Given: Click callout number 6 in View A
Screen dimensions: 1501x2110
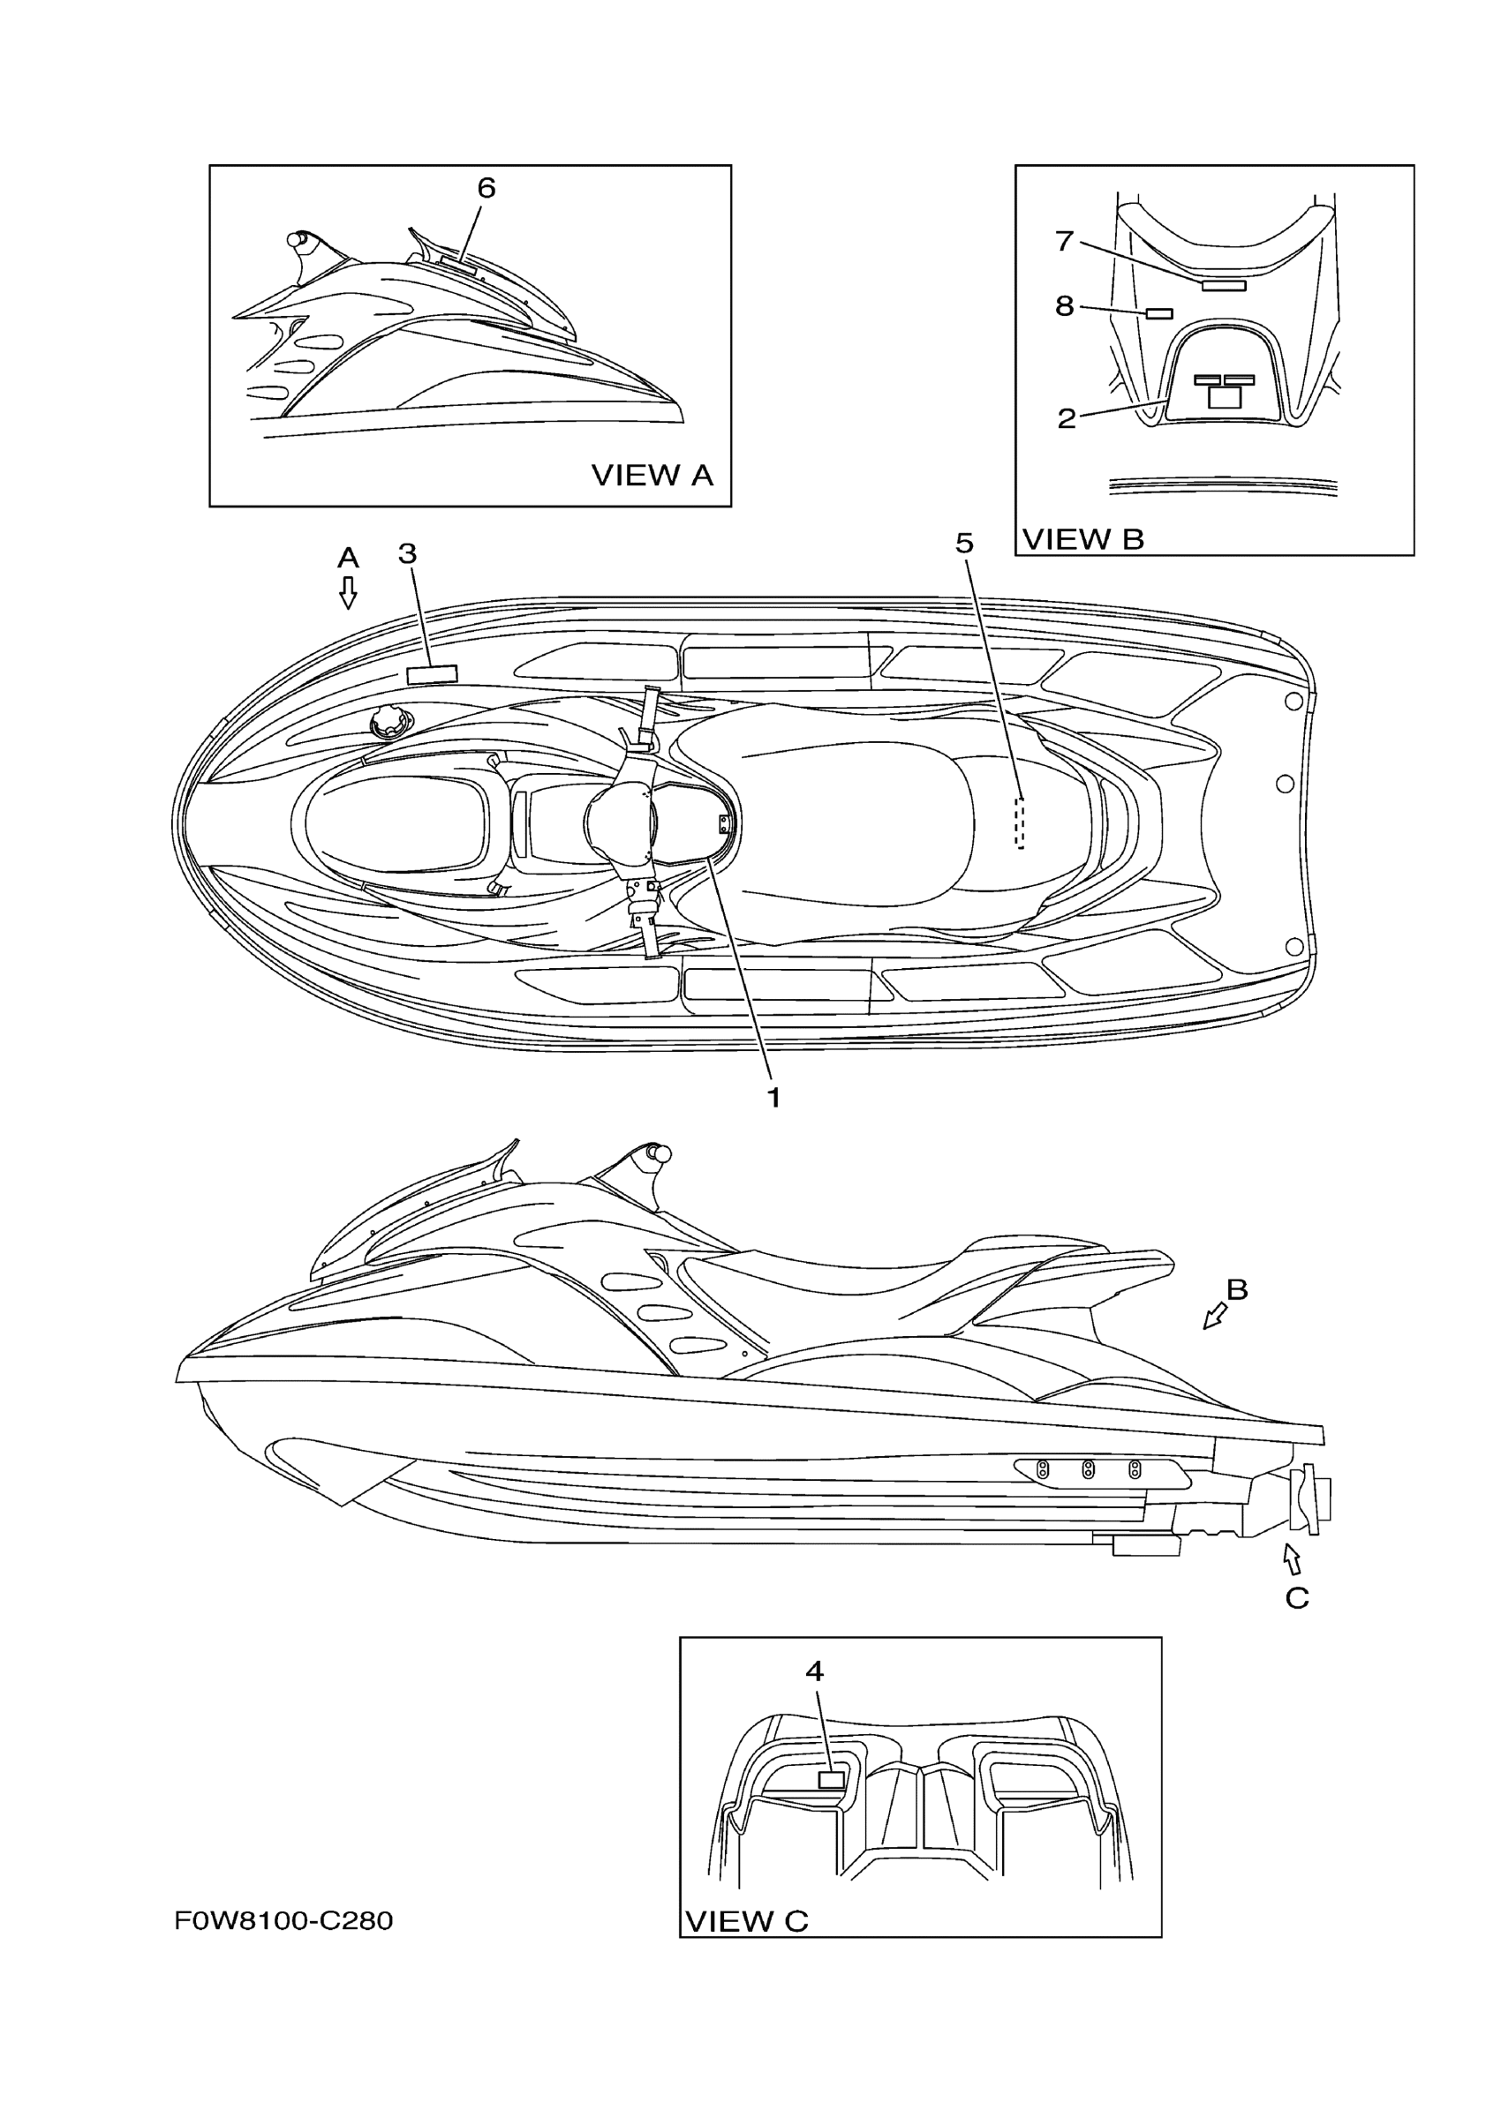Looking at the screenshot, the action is [x=487, y=189].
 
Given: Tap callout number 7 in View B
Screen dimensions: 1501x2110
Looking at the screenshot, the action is [x=1064, y=241].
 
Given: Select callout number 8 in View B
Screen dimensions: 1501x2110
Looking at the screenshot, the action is [x=1065, y=306].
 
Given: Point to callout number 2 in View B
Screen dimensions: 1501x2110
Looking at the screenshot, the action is [x=1067, y=418].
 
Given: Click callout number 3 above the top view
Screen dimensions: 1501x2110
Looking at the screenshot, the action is [x=408, y=553].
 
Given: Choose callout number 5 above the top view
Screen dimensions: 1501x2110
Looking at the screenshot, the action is [x=964, y=544].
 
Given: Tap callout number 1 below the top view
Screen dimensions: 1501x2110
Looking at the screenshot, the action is [x=773, y=1098].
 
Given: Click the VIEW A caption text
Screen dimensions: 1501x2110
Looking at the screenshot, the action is [x=652, y=475].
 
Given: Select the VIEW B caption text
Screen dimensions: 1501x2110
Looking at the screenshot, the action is [x=1083, y=539].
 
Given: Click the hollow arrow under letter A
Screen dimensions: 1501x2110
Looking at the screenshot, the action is [x=349, y=592].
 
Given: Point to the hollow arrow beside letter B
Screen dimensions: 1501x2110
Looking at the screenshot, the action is [x=1214, y=1316].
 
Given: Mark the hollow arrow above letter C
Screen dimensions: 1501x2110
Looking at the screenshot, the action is [x=1292, y=1560].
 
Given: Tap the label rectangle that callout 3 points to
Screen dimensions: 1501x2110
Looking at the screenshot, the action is [x=433, y=673].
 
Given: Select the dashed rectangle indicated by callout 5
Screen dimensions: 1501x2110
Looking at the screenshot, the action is [x=1021, y=822].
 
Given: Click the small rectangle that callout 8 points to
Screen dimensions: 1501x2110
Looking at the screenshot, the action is [x=1159, y=313].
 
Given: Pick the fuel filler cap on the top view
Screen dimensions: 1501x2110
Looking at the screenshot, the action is [x=387, y=724].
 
